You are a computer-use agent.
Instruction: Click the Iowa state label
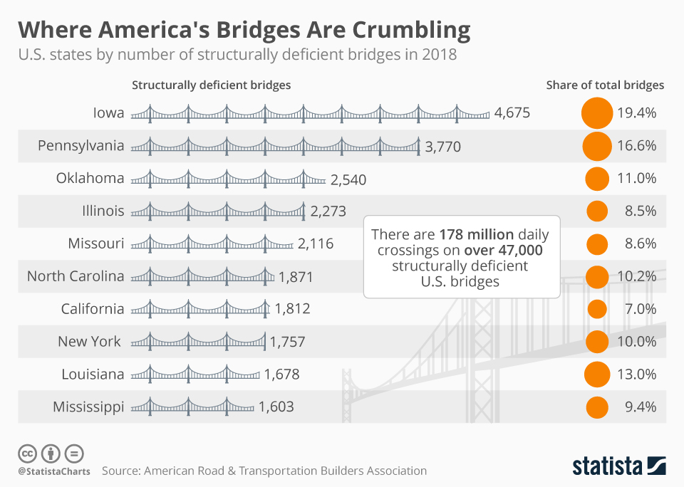tap(108, 112)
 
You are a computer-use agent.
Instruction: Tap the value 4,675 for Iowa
tap(512, 112)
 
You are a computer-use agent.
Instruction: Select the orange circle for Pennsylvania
tap(597, 146)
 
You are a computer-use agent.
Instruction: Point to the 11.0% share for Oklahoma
tap(636, 178)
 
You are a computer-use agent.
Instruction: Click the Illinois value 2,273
tap(328, 211)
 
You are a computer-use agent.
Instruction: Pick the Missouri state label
tap(96, 243)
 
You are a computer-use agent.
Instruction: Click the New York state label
tap(89, 342)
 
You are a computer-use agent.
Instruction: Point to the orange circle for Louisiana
tap(597, 375)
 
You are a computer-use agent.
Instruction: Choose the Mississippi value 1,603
tap(276, 407)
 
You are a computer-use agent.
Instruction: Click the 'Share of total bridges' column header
tap(605, 85)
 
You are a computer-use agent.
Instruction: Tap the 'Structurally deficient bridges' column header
tap(211, 85)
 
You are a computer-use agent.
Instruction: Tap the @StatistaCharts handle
tap(53, 471)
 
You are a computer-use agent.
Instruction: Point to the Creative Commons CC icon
tap(27, 453)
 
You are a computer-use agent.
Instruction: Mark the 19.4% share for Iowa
tap(636, 112)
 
